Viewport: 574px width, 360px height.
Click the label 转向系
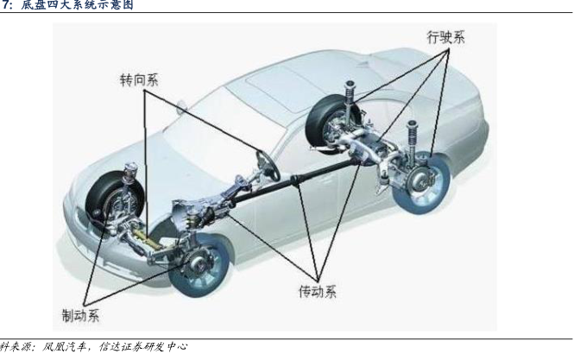click(x=139, y=79)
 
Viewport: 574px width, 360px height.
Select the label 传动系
click(x=312, y=291)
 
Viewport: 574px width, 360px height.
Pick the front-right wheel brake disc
click(x=193, y=259)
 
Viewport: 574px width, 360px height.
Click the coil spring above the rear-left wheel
click(x=352, y=92)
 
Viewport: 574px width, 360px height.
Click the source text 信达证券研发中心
click(x=142, y=347)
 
